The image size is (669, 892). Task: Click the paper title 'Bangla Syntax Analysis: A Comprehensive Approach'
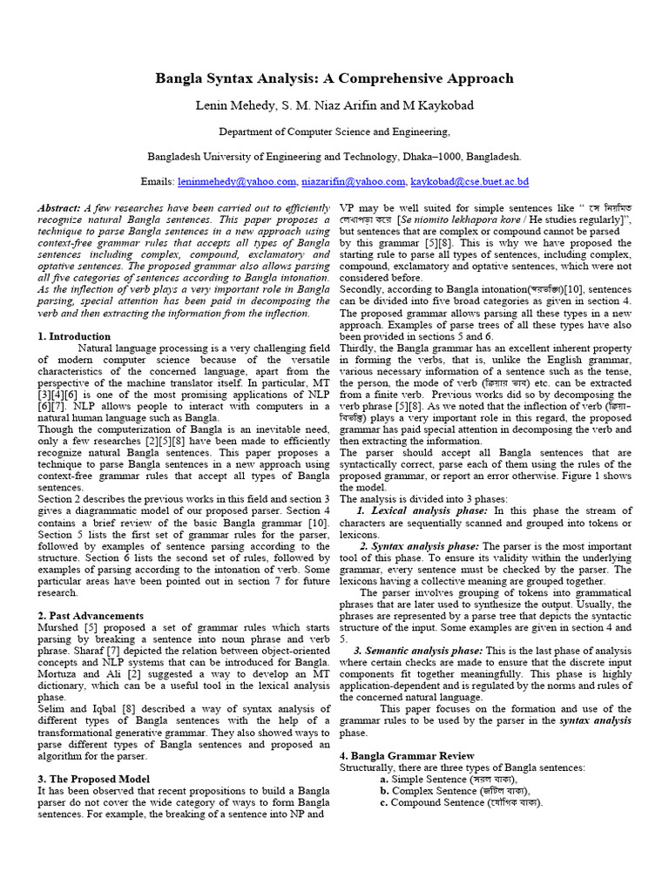click(x=334, y=78)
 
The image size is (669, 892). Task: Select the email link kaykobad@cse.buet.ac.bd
click(x=470, y=182)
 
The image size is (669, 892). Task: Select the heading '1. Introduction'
click(x=74, y=336)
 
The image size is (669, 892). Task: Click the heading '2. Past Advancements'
click(x=91, y=615)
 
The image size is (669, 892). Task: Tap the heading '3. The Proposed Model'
click(x=92, y=778)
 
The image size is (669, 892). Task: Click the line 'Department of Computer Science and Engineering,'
click(x=334, y=132)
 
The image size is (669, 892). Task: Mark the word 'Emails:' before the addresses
click(x=158, y=182)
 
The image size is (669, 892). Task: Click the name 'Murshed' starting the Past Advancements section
click(x=57, y=627)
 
